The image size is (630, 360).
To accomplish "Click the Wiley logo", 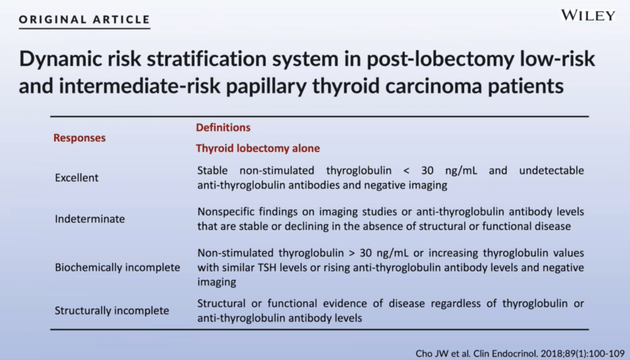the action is point(588,15).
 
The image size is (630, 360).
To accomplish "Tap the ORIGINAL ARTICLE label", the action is point(84,19).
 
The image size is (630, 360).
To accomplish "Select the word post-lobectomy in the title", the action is point(440,59).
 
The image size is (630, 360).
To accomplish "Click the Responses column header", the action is point(79,138).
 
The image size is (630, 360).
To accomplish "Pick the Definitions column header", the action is point(223,127).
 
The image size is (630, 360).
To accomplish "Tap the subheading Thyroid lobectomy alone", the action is point(258,148).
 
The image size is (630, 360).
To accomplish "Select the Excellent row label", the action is point(77,178).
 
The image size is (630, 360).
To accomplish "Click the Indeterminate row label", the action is point(90,219).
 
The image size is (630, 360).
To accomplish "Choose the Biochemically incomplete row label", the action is point(118,268).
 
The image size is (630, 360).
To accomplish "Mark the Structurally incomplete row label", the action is point(112,311).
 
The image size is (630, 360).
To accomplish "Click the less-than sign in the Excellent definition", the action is point(406,170).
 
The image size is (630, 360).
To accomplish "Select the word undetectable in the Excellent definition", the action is point(552,170).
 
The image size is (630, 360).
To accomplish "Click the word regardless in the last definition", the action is point(456,303).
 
